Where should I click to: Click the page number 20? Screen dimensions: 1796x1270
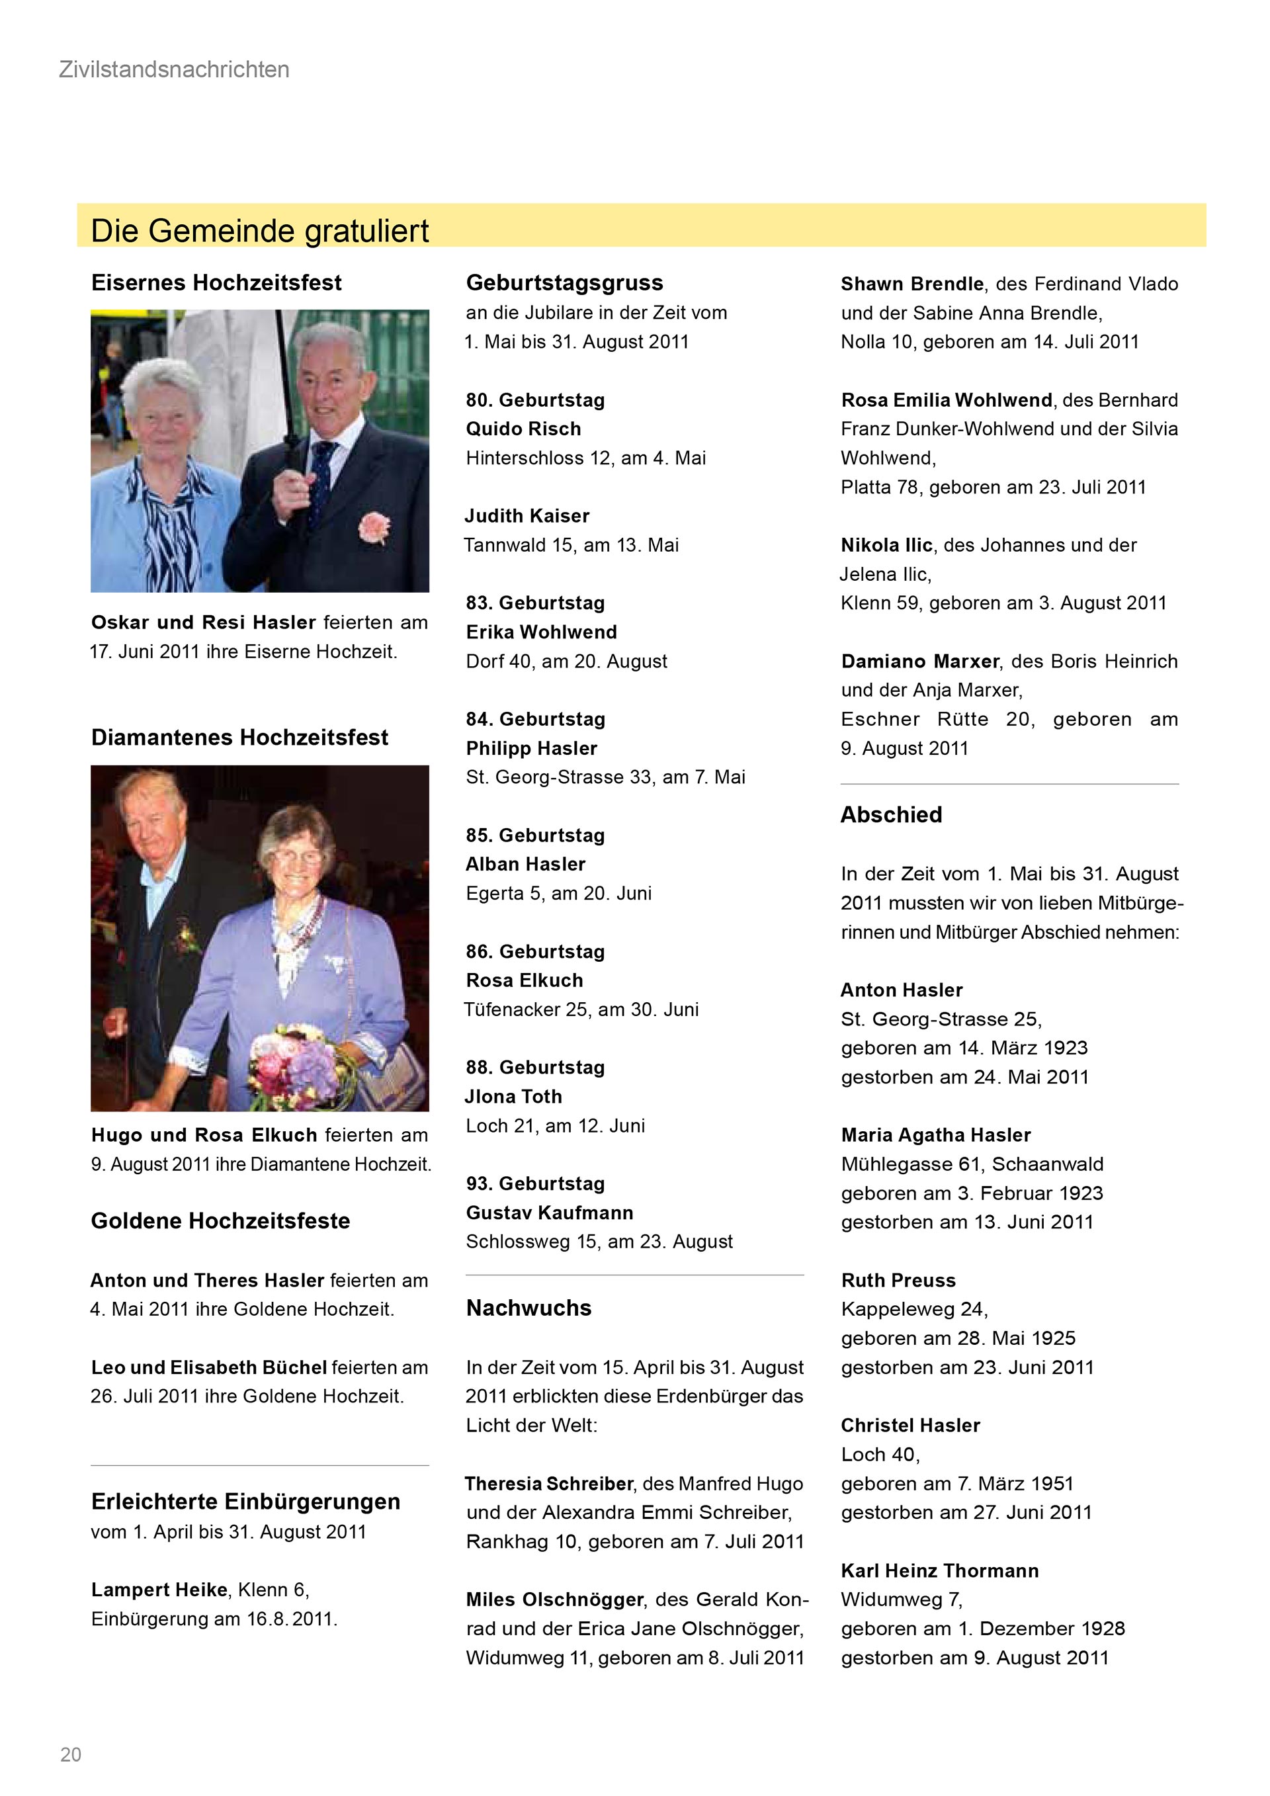point(70,1754)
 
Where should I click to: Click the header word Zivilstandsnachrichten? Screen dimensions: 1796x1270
point(173,69)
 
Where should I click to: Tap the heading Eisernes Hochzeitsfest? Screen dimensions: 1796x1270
point(216,282)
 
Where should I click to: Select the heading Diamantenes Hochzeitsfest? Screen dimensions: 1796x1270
point(239,738)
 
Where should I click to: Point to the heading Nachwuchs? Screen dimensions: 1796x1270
point(529,1308)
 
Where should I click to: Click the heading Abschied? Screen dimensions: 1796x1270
point(891,815)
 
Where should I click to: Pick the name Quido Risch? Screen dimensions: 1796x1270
point(523,429)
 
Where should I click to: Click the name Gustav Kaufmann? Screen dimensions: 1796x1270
point(549,1213)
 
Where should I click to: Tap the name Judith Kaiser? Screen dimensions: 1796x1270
point(527,515)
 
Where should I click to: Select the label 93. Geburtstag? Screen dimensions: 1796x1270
point(535,1183)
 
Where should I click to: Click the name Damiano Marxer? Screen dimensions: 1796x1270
point(919,661)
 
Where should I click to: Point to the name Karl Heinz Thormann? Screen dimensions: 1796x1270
point(939,1570)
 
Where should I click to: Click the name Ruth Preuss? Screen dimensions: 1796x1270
point(898,1281)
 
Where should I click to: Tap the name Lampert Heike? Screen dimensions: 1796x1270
point(159,1590)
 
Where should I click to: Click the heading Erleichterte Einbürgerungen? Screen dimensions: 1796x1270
point(245,1502)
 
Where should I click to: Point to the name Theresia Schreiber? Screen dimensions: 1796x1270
point(548,1484)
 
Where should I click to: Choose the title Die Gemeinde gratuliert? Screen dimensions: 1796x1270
point(260,231)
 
